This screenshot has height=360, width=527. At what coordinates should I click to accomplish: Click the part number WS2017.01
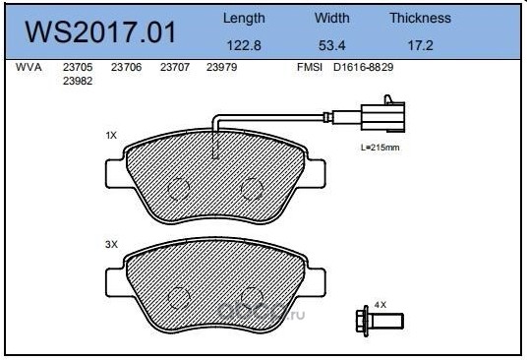click(100, 32)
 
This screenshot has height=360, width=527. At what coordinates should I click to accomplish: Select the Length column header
click(244, 19)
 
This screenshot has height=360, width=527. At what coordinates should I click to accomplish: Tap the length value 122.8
click(244, 45)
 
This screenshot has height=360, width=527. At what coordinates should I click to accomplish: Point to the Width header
click(332, 18)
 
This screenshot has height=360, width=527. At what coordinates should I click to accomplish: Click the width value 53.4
click(332, 45)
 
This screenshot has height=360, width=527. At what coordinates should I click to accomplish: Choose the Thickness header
click(421, 18)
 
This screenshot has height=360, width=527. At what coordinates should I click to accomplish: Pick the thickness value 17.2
click(421, 45)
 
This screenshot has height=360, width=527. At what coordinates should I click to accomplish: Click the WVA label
click(29, 67)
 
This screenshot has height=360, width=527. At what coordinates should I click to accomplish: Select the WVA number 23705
click(78, 67)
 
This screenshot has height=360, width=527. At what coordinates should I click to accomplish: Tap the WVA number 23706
click(127, 67)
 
